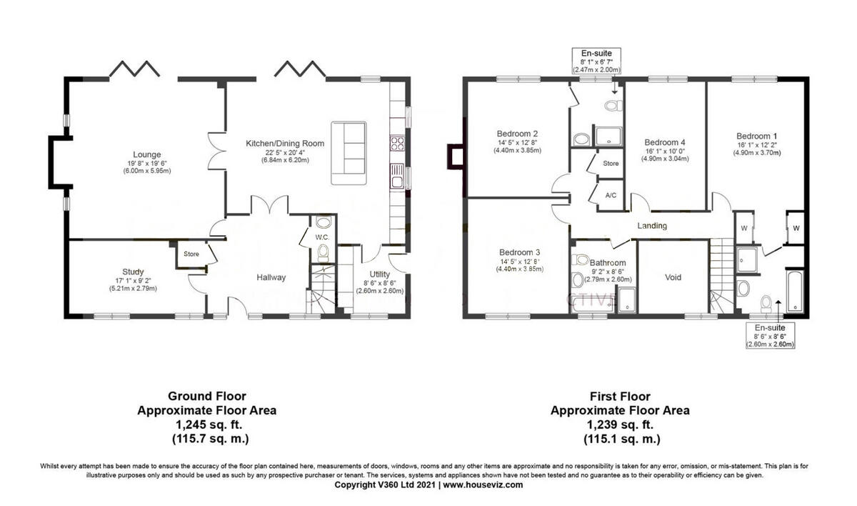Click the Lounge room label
(146, 154)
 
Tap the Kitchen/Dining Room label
(285, 144)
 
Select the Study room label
(133, 272)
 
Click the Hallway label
(271, 277)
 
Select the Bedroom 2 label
(518, 134)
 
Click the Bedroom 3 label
(519, 252)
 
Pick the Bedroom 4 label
(664, 142)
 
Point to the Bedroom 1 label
(757, 136)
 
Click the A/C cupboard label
(611, 194)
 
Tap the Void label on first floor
(673, 277)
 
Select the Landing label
(652, 226)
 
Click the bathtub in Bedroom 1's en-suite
(793, 292)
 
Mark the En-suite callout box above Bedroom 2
(596, 61)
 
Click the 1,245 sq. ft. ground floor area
(207, 425)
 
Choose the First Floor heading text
(619, 395)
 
